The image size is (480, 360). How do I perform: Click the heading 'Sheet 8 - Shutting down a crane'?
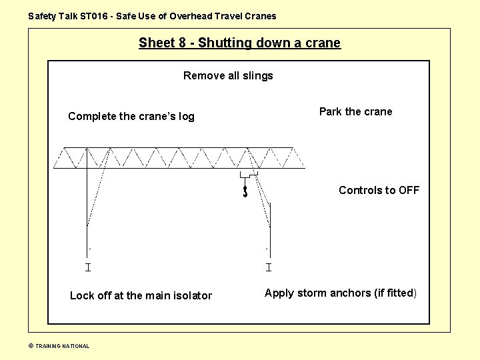239,43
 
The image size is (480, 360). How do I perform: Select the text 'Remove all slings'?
228,76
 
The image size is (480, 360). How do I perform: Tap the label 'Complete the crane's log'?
131,117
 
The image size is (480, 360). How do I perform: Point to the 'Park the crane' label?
355,111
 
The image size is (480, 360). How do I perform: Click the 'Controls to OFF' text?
379,190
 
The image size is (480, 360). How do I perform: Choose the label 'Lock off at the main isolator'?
141,295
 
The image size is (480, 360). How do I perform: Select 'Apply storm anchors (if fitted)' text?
340,293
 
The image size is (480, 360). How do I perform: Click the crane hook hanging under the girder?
245,191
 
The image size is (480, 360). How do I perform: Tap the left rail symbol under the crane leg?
87,267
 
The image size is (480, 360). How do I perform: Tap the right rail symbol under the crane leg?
268,267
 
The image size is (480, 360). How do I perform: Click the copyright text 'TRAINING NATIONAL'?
62,346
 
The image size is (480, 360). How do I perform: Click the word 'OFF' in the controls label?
409,190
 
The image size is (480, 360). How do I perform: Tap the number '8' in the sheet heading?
181,43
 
